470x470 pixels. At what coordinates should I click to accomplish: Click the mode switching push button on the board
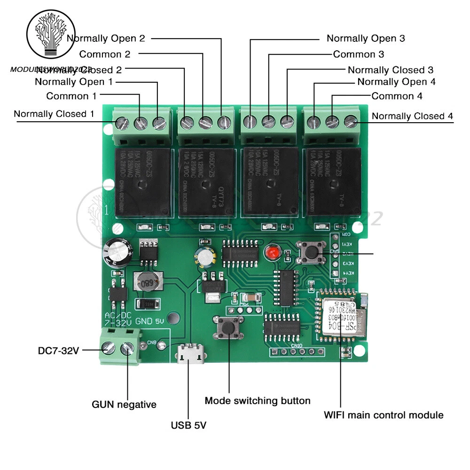click(229, 328)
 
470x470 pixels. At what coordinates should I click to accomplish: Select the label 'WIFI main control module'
click(384, 415)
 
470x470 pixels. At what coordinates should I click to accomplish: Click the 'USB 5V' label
click(188, 426)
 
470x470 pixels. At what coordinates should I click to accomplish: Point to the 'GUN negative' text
click(124, 404)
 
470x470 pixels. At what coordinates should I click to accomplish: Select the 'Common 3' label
click(358, 54)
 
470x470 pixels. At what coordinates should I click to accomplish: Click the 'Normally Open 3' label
click(366, 38)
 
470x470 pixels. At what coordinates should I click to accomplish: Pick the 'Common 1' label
click(71, 96)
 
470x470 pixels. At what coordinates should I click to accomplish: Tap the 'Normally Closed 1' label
click(54, 114)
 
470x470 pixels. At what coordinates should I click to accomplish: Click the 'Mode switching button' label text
click(258, 401)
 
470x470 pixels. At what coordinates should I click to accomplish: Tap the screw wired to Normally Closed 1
click(123, 124)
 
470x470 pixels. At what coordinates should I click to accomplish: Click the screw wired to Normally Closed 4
click(350, 121)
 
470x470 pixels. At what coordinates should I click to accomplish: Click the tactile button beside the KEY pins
click(311, 253)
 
